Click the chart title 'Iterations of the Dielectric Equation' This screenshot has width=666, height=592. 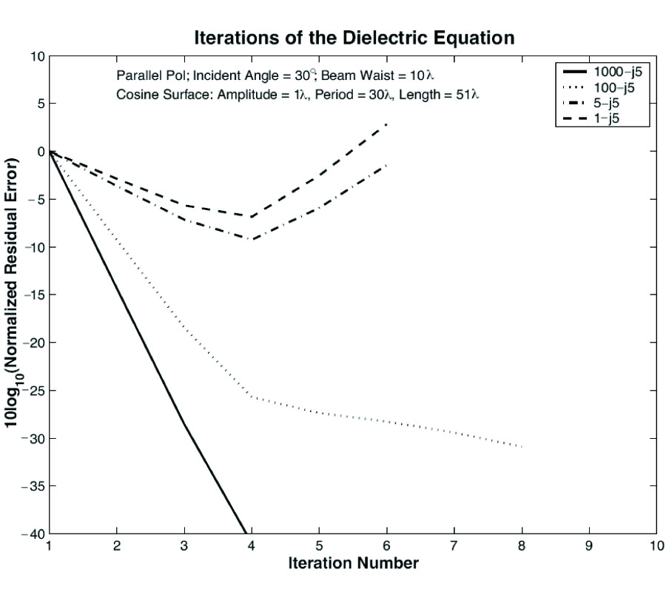(354, 38)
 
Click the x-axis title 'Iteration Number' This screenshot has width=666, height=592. (354, 563)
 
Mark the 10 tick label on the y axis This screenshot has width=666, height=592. (36, 56)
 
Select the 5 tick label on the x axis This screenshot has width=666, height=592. (318, 547)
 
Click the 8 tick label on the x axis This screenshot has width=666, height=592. (521, 547)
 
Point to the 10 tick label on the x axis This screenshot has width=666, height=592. (655, 547)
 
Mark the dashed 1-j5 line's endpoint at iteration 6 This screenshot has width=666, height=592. (386, 124)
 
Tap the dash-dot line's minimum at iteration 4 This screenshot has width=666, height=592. (251, 239)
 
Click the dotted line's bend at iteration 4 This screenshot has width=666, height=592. (251, 397)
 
